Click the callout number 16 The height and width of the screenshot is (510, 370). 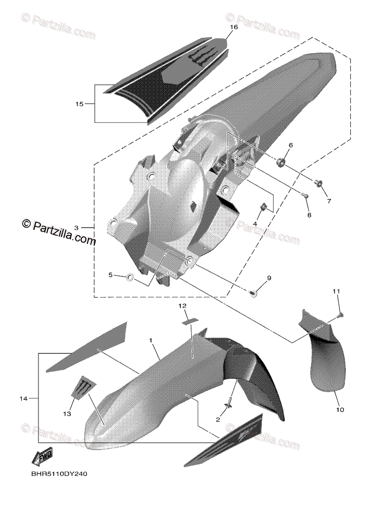pyautogui.click(x=233, y=27)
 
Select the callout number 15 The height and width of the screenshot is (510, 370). pyautogui.click(x=79, y=103)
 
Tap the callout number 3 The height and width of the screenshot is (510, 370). pyautogui.click(x=76, y=228)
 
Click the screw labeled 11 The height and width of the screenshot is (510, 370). pyautogui.click(x=341, y=315)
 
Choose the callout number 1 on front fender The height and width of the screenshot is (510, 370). pyautogui.click(x=150, y=340)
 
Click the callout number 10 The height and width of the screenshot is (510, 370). pyautogui.click(x=340, y=410)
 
